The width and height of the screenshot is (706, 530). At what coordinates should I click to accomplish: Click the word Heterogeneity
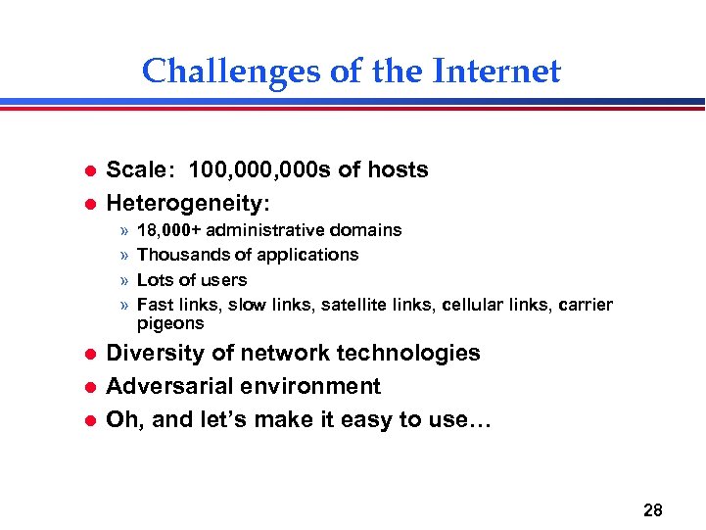(x=186, y=204)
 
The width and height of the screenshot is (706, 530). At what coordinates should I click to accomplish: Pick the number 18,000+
(x=168, y=230)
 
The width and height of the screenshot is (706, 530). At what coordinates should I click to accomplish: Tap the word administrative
(x=265, y=230)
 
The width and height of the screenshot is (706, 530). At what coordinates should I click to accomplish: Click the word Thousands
(x=181, y=255)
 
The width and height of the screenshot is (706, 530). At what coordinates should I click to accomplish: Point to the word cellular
(x=473, y=305)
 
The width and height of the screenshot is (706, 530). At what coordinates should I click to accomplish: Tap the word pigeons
(x=170, y=323)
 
